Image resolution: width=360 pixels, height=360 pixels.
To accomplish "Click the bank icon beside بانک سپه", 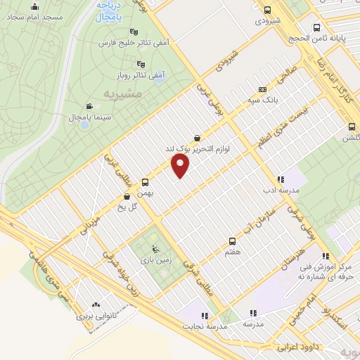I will (262, 89).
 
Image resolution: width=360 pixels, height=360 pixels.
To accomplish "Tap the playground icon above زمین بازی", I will (155, 247).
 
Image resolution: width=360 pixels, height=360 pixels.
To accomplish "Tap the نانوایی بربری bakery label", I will (96, 317).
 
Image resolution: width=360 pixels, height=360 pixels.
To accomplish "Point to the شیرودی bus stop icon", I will (267, 10).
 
